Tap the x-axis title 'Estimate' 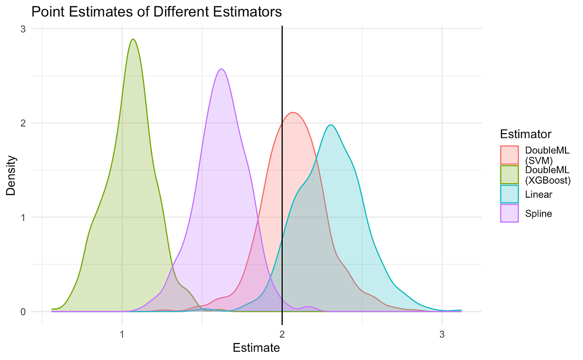(256, 348)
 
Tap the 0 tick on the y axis (22, 311)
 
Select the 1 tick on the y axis (22, 217)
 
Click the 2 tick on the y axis (22, 123)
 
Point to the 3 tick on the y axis (22, 29)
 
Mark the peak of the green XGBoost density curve (133, 39)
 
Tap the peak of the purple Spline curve (222, 69)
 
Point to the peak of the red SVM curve (293, 113)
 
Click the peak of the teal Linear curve (331, 125)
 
